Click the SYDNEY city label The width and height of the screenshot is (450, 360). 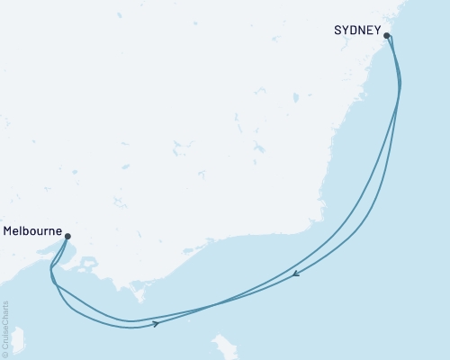[x=356, y=30]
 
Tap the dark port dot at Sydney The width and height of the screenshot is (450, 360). [x=387, y=36]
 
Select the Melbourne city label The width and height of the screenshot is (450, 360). [x=31, y=231]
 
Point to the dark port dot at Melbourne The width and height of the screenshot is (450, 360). [x=67, y=237]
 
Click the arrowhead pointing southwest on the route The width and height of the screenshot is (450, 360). [x=296, y=275]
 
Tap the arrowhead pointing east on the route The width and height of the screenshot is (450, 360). [x=157, y=323]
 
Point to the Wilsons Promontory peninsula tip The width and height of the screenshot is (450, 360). [x=139, y=298]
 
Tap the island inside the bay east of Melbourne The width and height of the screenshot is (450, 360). [x=87, y=265]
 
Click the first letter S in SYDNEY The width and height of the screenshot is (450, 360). [x=337, y=30]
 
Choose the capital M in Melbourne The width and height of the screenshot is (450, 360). [x=8, y=231]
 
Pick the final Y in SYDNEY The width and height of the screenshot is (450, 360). [x=376, y=30]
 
